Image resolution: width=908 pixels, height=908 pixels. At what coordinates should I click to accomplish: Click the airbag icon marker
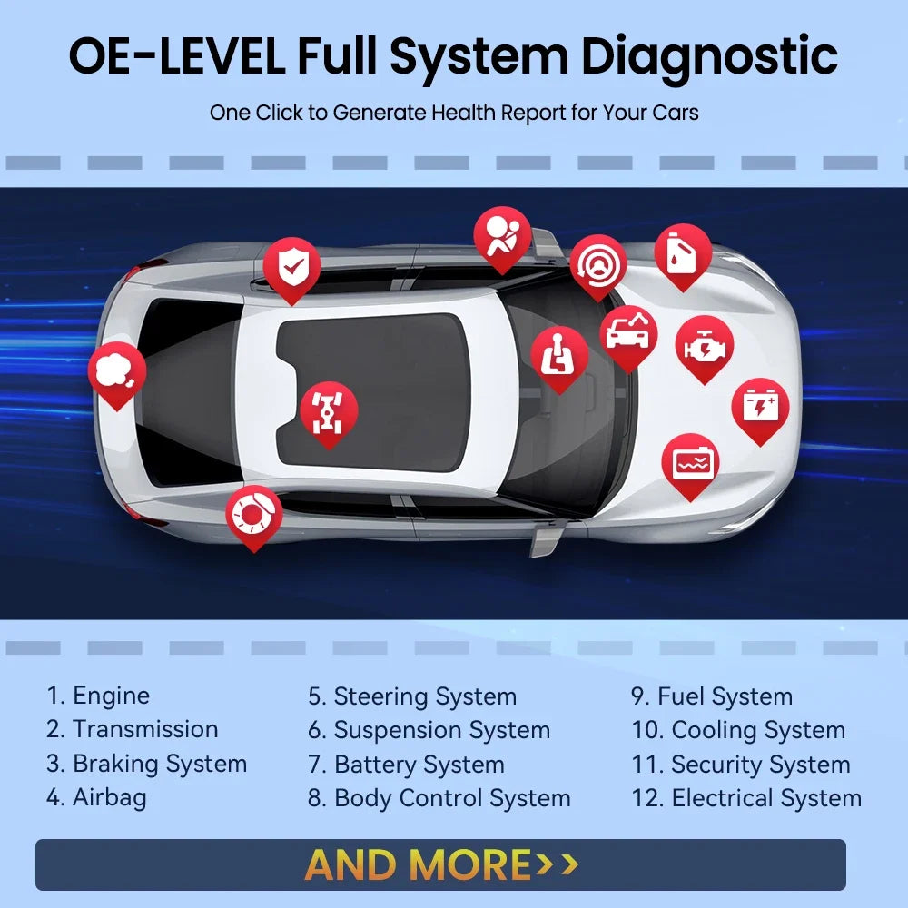502,233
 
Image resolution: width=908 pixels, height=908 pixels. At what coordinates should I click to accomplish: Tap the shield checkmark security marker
291,266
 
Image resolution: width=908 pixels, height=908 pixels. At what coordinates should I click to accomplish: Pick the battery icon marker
760,406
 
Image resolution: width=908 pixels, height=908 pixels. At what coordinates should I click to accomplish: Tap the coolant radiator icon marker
690,462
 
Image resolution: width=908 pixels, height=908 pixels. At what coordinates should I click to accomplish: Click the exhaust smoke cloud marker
116,370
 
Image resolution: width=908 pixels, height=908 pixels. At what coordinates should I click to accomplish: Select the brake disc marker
253,514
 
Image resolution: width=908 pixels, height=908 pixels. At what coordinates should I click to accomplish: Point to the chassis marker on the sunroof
329,410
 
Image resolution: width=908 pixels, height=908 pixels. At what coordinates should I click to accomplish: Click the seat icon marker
559,355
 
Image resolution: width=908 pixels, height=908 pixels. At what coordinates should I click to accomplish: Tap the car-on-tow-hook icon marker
628,334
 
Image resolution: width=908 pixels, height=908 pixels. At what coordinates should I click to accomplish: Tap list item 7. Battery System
406,765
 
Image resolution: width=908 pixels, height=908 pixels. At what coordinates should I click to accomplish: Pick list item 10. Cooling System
738,730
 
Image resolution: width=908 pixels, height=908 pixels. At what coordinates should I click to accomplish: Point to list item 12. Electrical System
746,799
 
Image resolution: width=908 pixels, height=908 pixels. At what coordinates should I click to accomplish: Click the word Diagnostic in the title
709,56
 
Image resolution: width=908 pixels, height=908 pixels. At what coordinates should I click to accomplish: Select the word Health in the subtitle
459,113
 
